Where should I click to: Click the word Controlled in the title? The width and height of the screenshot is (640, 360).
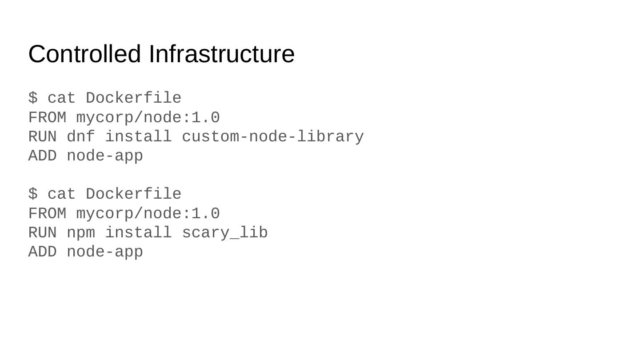84,54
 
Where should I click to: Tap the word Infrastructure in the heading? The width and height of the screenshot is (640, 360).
221,54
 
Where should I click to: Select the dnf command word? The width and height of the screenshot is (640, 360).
81,137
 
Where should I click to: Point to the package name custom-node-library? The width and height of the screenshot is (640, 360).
273,137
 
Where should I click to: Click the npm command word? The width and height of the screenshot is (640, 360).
81,233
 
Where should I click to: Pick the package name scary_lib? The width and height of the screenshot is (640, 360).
225,233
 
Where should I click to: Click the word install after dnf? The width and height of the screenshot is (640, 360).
138,137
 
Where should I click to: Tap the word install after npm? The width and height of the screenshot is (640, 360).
138,233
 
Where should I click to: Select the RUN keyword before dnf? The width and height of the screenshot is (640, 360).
43,137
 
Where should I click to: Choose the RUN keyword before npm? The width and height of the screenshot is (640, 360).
43,233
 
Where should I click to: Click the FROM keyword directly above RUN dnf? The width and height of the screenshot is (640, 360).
47,118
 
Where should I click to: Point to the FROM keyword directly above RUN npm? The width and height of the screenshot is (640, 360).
47,214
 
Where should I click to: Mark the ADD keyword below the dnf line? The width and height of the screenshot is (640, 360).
43,156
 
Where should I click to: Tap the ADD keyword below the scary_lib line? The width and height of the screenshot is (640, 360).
43,252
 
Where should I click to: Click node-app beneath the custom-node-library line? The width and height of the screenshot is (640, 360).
105,156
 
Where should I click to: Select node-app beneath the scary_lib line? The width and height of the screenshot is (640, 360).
105,252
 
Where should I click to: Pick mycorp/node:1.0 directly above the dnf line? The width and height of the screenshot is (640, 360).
148,118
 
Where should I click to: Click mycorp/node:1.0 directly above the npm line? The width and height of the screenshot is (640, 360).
148,214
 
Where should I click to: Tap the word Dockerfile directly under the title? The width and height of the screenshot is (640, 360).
133,98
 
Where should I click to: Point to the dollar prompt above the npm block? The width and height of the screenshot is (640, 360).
33,194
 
